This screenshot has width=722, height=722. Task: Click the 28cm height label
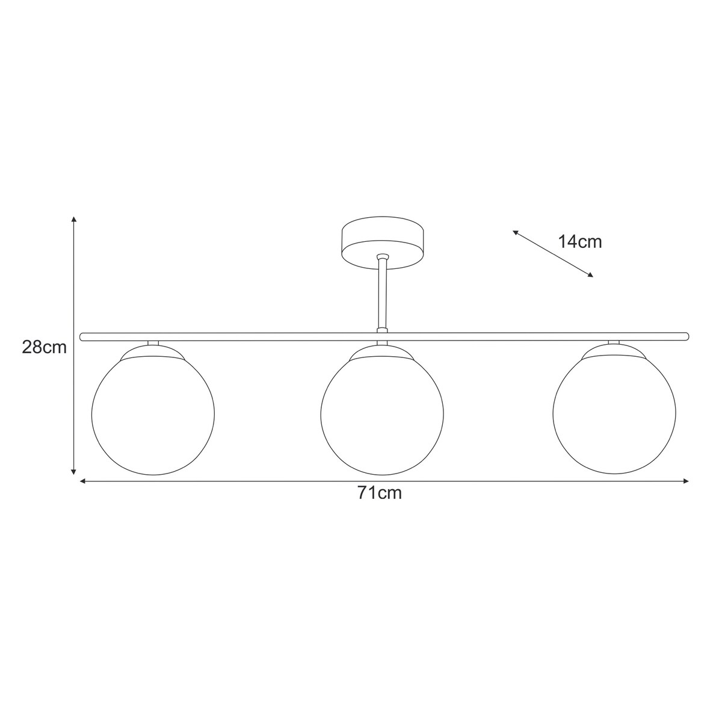click(x=44, y=347)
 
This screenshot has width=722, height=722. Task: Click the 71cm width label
click(x=379, y=493)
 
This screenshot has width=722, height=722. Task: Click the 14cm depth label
click(x=580, y=242)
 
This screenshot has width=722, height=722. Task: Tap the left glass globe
click(x=152, y=415)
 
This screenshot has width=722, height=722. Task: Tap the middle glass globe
click(x=383, y=415)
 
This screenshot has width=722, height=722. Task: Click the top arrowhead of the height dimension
click(x=73, y=219)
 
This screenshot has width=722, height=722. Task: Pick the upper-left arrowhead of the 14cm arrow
click(x=516, y=232)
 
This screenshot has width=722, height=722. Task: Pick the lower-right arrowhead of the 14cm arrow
click(x=590, y=275)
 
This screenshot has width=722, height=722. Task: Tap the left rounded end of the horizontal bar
click(x=82, y=336)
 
